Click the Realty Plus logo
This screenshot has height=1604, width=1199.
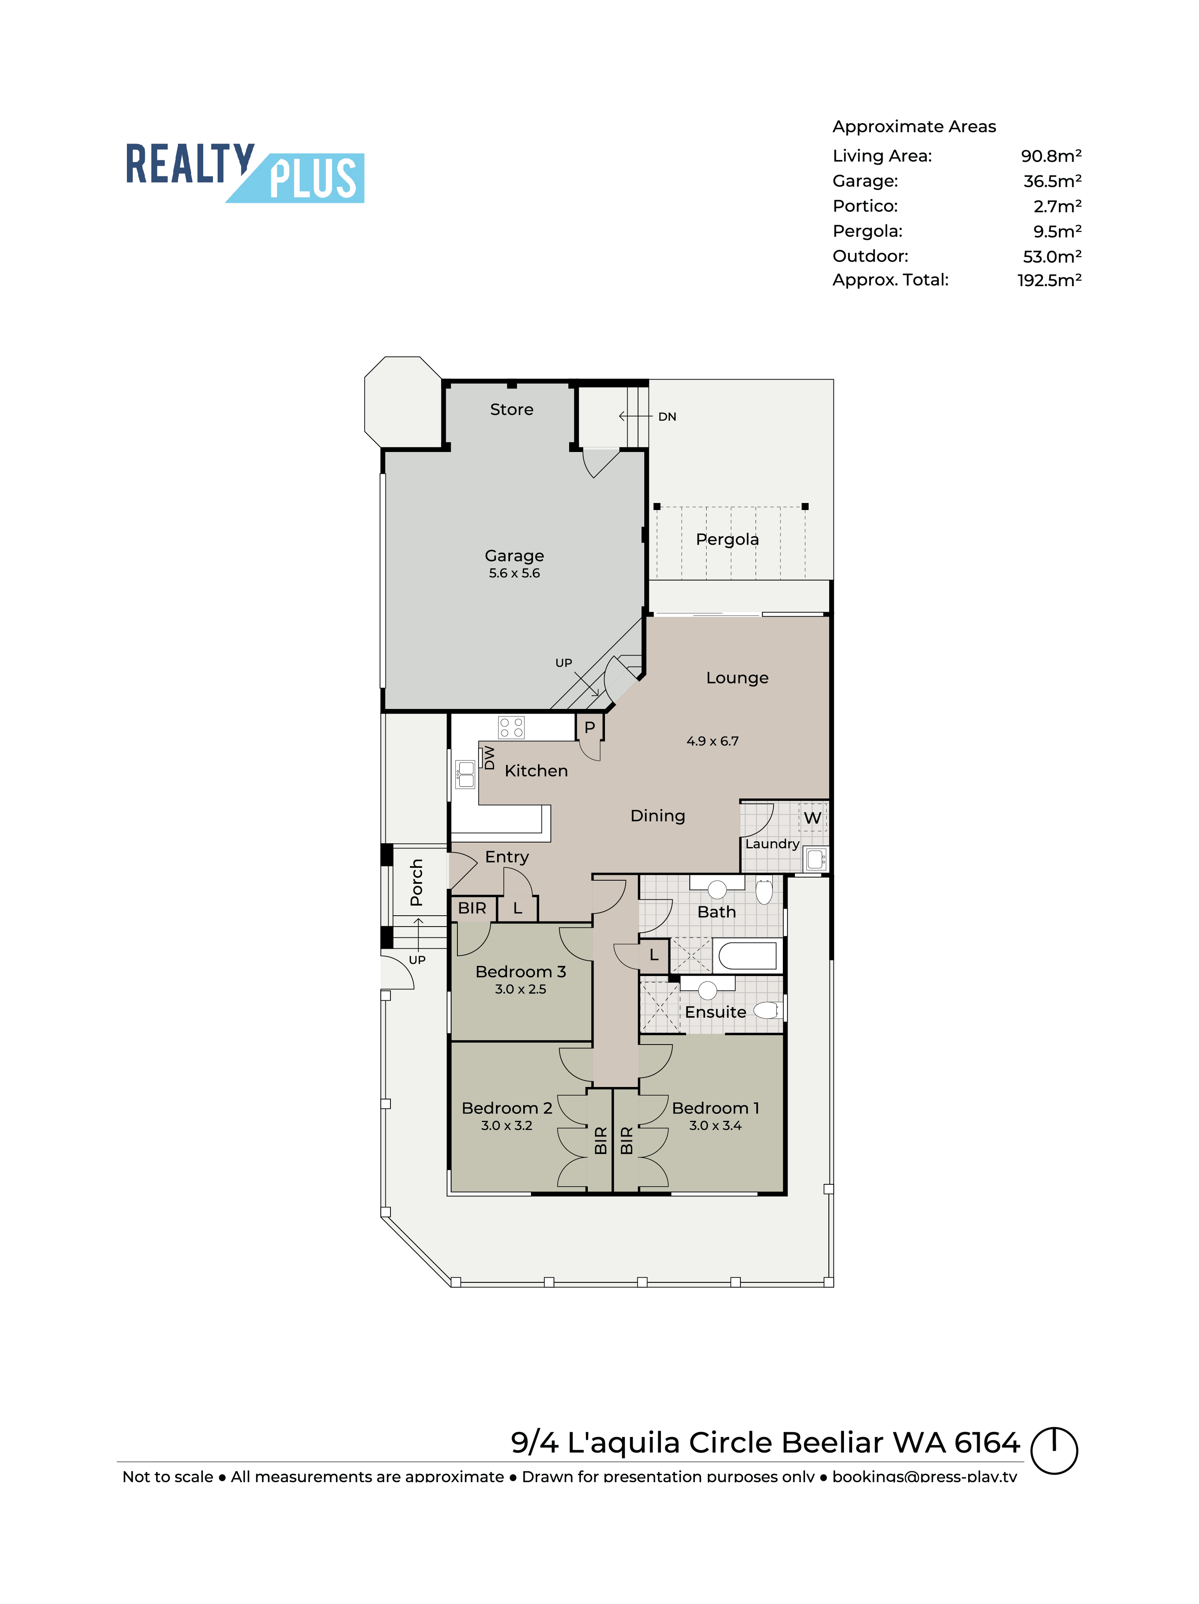tap(244, 172)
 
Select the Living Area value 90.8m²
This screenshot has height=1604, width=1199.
tap(1050, 156)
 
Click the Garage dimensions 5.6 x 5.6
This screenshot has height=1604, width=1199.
tap(514, 573)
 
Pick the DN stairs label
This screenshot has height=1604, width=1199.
tap(667, 417)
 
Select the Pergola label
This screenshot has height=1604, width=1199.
tap(727, 540)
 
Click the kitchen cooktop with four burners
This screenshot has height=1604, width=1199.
tap(511, 727)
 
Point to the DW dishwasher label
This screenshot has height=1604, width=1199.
tap(489, 758)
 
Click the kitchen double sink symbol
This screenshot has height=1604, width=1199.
tap(466, 774)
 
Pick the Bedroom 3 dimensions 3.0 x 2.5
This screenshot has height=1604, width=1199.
tap(520, 989)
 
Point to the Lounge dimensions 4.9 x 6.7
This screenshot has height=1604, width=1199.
tap(712, 741)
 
